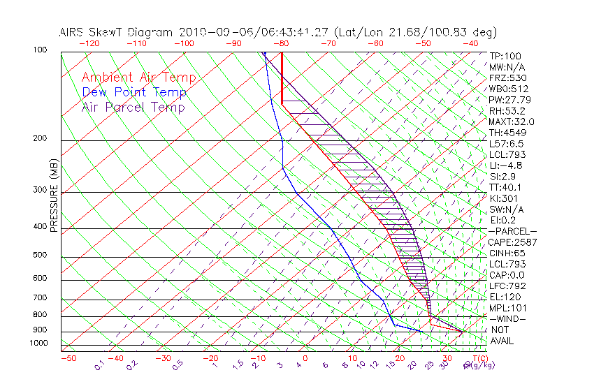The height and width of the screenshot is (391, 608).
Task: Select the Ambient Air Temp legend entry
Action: pyautogui.click(x=138, y=78)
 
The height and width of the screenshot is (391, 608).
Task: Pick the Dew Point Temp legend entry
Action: pyautogui.click(x=134, y=92)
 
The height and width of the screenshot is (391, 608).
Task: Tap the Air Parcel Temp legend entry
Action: pyautogui.click(x=133, y=107)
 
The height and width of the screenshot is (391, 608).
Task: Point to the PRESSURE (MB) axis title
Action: pyautogui.click(x=54, y=195)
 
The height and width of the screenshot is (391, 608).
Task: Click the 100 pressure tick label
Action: pyautogui.click(x=40, y=50)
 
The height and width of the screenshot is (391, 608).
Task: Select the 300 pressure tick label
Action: pyautogui.click(x=40, y=190)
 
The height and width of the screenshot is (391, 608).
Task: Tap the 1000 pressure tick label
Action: pyautogui.click(x=38, y=344)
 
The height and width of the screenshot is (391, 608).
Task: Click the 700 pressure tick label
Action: pyautogui.click(x=40, y=300)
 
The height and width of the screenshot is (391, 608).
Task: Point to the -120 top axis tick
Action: pyautogui.click(x=89, y=43)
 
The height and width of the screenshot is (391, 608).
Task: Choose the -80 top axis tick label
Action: pyautogui.click(x=281, y=43)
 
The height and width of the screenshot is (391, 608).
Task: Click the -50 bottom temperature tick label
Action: pyautogui.click(x=68, y=358)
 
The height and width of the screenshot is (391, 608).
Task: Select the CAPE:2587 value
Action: pyautogui.click(x=512, y=242)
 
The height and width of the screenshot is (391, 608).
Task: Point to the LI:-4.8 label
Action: pyautogui.click(x=505, y=165)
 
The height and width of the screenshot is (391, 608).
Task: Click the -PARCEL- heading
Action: pyautogui.click(x=512, y=231)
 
